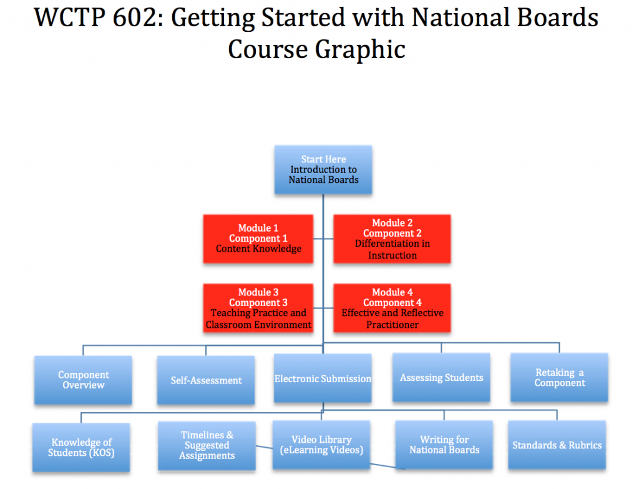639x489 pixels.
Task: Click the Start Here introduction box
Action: tap(323, 170)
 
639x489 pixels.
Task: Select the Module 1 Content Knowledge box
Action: tap(258, 239)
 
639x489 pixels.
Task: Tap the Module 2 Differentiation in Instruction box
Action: tap(392, 239)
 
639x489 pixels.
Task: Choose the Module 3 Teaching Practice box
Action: tap(258, 308)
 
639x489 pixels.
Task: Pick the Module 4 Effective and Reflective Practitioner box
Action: tap(392, 308)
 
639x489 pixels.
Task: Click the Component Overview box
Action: tap(83, 380)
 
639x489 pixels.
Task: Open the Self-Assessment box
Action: tap(206, 380)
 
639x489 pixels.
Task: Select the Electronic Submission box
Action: tap(323, 378)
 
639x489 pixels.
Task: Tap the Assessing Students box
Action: tap(441, 377)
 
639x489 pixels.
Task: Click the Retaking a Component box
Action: tap(560, 377)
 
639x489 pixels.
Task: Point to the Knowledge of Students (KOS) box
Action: tap(81, 447)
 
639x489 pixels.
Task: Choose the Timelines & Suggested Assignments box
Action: tap(207, 446)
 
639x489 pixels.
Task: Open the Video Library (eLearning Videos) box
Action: tap(321, 445)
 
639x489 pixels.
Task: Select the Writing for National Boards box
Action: tap(444, 445)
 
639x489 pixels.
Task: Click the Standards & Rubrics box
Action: tap(557, 445)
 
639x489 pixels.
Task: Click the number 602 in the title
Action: tap(135, 17)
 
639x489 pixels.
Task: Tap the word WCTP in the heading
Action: tap(70, 17)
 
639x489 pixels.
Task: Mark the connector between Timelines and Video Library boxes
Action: tap(264, 447)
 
